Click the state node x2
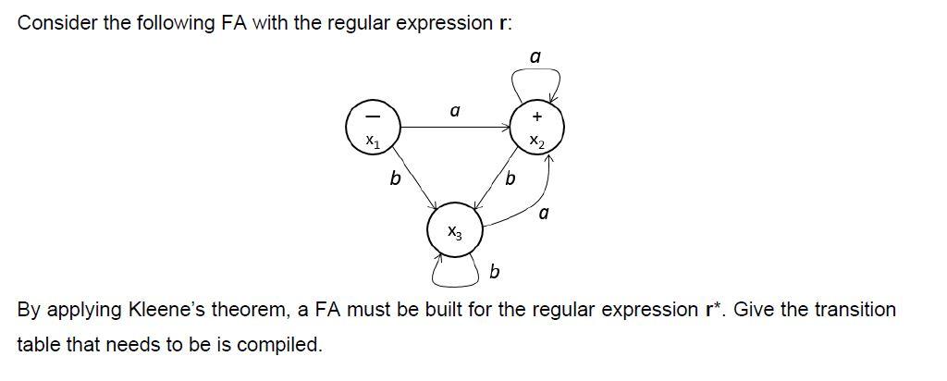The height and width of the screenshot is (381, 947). [x=537, y=129]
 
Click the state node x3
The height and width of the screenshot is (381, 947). [x=454, y=231]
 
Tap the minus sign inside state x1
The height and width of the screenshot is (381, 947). [x=372, y=117]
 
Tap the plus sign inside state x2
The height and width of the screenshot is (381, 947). [x=537, y=117]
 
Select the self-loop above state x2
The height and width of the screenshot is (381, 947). [x=536, y=85]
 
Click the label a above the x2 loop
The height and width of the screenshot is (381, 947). [x=535, y=57]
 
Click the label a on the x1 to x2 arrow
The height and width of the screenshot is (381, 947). [x=454, y=111]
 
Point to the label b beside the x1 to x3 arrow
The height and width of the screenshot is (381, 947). [x=395, y=178]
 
